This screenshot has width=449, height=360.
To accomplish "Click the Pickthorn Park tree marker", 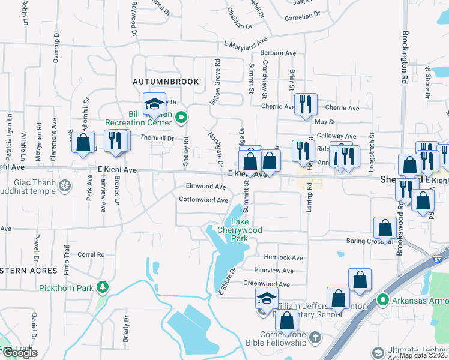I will tap(104, 287).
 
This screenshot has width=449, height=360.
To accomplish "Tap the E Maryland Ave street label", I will tap(245, 43).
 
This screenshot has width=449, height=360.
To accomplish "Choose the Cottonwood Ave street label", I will tap(203, 200).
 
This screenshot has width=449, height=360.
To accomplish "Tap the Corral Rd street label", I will tap(92, 254).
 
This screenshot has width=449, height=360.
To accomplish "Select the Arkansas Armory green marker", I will tap(382, 298).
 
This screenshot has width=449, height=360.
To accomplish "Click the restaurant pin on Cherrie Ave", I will tap(305, 104).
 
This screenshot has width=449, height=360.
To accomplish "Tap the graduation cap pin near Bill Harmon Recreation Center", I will tap(154, 104).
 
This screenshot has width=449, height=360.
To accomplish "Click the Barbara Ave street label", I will tap(278, 53).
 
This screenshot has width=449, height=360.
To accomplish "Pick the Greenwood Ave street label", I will tap(267, 284).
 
